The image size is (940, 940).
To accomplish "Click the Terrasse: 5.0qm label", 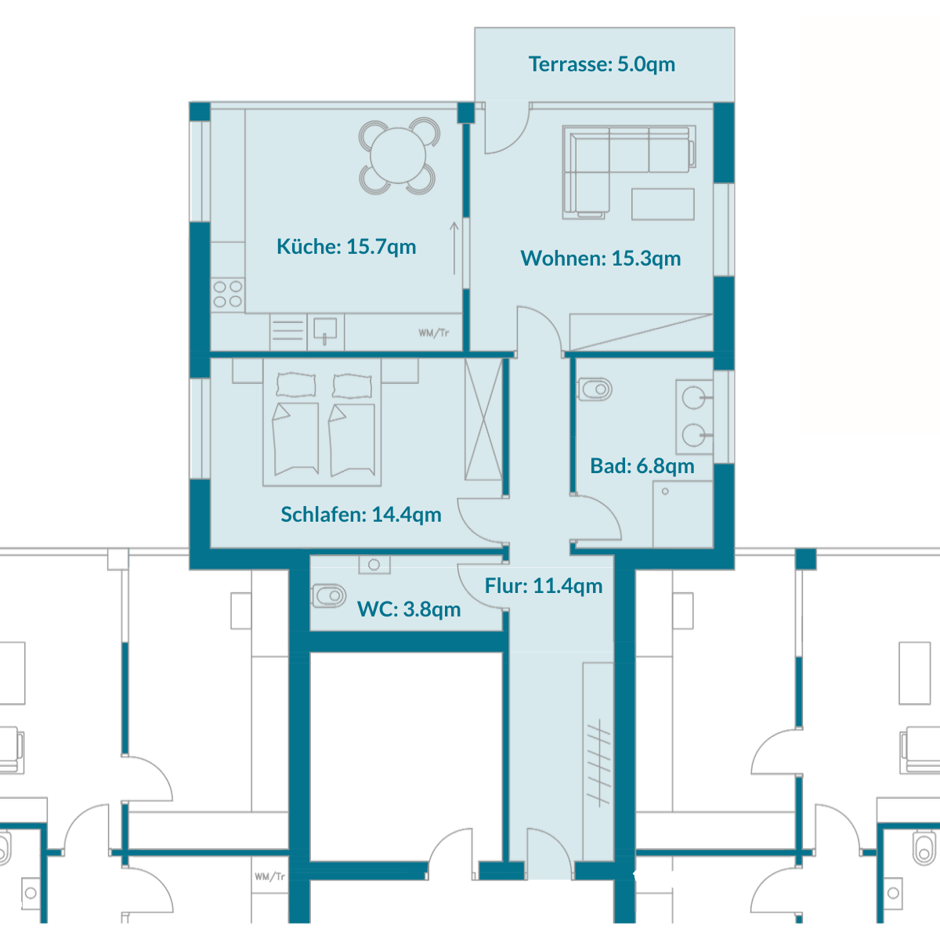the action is point(602,64).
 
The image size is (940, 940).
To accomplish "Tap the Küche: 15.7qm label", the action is point(346,246).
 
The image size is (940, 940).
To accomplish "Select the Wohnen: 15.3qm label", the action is point(601,258).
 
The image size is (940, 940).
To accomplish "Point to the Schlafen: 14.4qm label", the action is point(361,514).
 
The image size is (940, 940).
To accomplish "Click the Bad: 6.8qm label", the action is point(642,466).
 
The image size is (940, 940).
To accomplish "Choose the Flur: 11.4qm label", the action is point(544,585).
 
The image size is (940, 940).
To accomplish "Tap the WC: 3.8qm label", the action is point(409,609).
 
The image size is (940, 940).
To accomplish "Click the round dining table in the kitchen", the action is point(398,156).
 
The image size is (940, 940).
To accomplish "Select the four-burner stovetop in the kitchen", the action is point(228,294).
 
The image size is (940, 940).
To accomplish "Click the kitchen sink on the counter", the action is point(325,330).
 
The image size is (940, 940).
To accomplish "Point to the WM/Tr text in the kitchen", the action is point(433,333).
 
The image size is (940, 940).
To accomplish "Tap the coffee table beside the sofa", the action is point(663,204).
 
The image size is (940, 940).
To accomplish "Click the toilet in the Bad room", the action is point(594,389).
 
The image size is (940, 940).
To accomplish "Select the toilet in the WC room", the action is point(328,595).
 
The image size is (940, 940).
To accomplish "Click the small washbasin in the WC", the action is point(374,564).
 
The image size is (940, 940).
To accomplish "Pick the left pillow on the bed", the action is point(295,385).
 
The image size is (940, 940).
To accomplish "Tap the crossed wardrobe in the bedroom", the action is point(483,420).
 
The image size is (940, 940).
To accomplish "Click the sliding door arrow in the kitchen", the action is point(454,248).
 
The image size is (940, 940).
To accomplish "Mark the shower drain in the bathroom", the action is point(665,491).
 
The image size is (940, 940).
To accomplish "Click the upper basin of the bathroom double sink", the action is point(693,398).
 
